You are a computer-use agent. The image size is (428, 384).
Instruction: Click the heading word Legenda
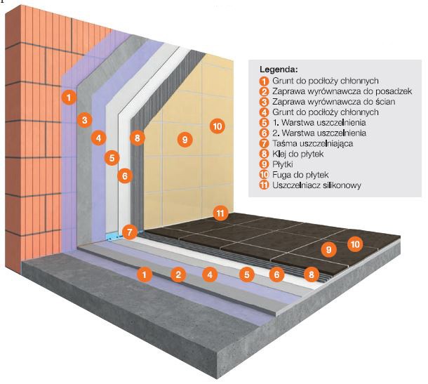(x=279, y=70)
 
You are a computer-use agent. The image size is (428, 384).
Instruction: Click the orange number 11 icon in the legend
(x=264, y=186)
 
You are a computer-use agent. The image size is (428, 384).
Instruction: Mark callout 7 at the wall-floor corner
(x=128, y=230)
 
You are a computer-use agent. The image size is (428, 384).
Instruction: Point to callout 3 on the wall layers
(x=83, y=119)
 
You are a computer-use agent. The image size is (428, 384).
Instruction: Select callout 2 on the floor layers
(x=179, y=274)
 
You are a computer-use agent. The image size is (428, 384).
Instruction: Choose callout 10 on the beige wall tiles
(x=217, y=126)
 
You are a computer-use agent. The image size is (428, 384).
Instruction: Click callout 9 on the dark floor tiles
(x=326, y=249)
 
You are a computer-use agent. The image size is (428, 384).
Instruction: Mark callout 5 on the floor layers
(x=245, y=275)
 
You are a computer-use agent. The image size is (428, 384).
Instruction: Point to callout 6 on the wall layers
(x=123, y=176)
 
